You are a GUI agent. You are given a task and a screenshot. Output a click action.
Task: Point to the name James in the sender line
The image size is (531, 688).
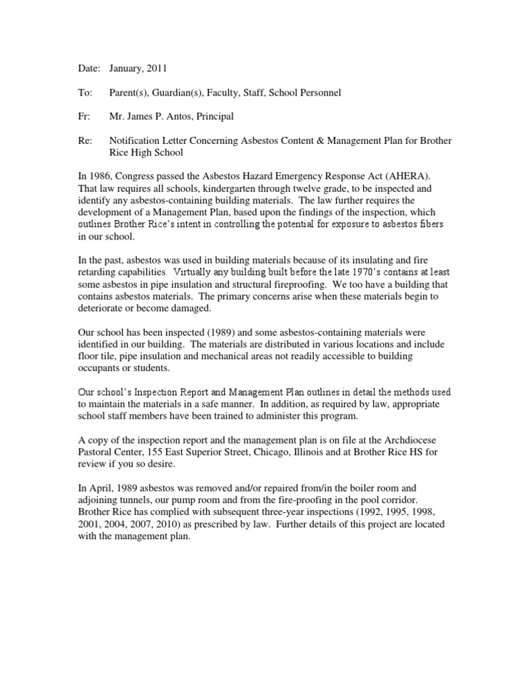pyautogui.click(x=147, y=118)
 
